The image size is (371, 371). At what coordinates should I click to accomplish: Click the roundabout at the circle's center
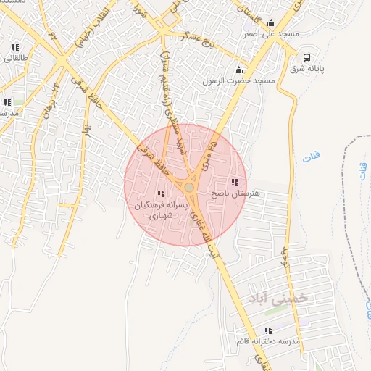(189, 188)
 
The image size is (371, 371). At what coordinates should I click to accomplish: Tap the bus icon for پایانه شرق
(307, 58)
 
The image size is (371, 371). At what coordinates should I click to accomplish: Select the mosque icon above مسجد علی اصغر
(272, 22)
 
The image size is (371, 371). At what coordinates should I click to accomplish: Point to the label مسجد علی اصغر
(272, 33)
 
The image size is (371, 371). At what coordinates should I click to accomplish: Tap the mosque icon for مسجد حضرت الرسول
(239, 70)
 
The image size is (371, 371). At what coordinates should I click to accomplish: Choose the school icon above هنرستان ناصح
(234, 182)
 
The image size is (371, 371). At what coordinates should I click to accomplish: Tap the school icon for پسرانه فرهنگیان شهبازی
(160, 193)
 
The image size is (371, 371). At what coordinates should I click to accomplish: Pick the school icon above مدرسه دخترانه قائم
(268, 330)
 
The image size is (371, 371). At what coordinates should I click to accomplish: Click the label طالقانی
(16, 59)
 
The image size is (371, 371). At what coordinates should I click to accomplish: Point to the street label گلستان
(251, 10)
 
